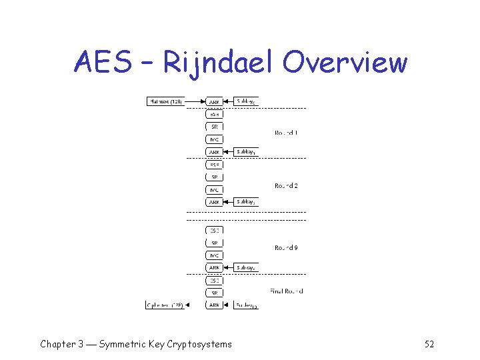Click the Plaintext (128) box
pos(165,101)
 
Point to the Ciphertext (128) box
pos(165,305)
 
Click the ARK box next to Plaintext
pos(215,102)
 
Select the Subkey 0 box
pos(246,101)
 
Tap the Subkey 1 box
pos(246,151)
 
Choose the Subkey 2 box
pos(246,201)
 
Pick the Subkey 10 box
pos(246,305)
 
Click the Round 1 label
pos(286,133)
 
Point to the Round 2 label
pos(286,185)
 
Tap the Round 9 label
pos(286,247)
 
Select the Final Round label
pos(287,291)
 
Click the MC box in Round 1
pos(215,139)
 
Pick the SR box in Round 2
pos(215,177)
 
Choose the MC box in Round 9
pos(215,255)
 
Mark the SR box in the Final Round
pos(215,293)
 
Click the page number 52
pos(429,344)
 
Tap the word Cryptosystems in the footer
pos(198,344)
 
